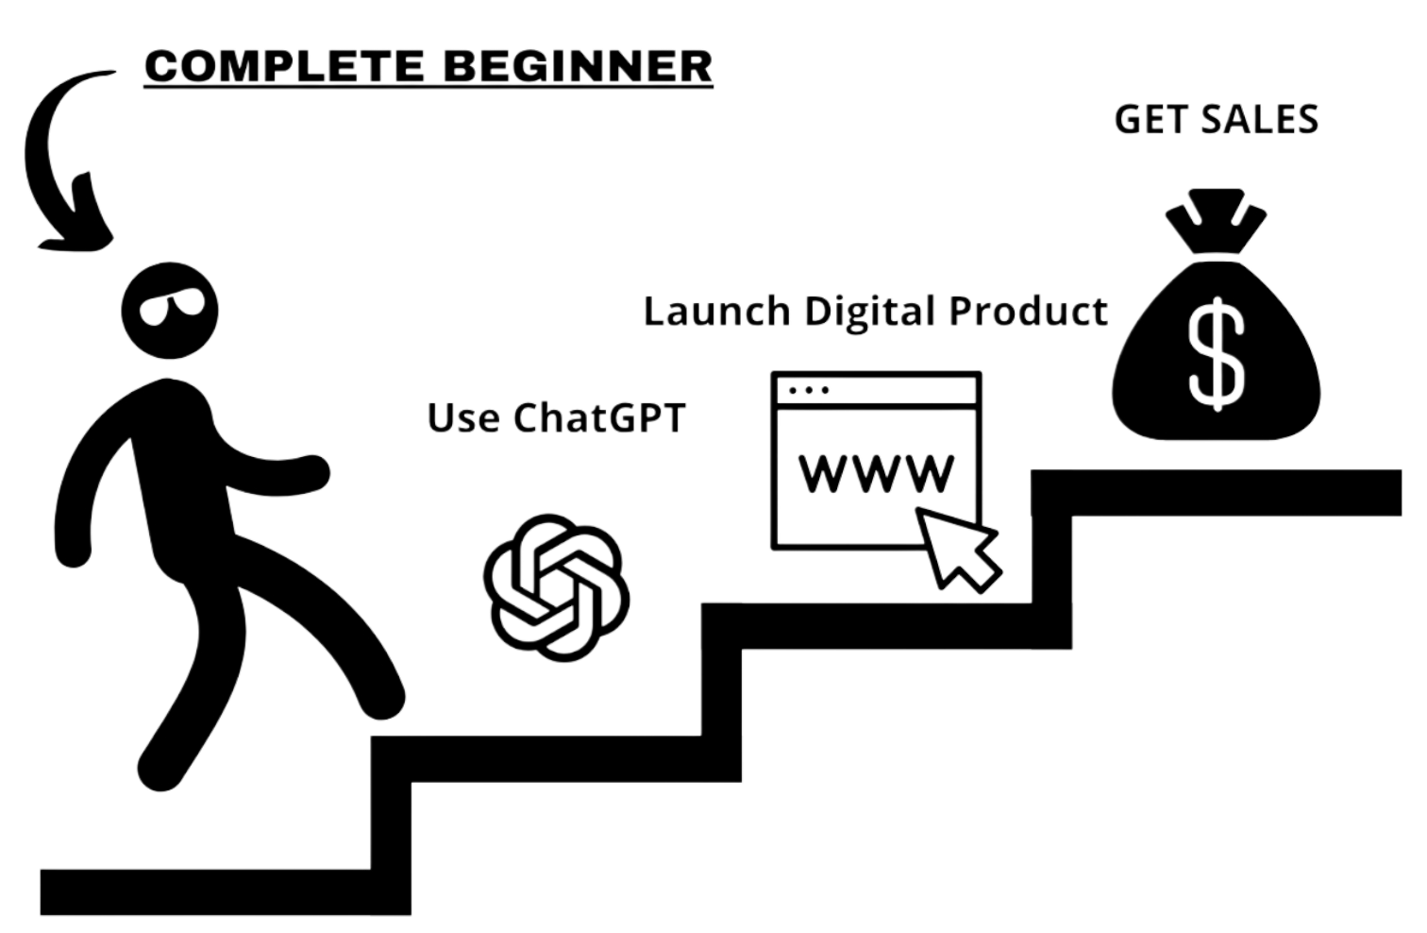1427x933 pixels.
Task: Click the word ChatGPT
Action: click(594, 416)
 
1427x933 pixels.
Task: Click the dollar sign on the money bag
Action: click(1215, 351)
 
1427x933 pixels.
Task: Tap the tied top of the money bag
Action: click(1216, 222)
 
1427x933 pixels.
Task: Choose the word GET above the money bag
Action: click(1148, 120)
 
